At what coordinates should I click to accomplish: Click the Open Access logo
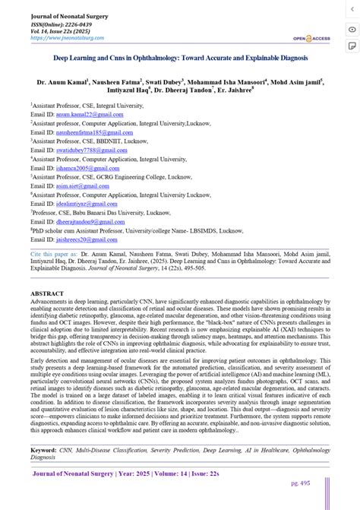click(305, 37)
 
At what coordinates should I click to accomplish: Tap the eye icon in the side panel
click(351, 29)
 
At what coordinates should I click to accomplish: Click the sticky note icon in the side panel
click(351, 46)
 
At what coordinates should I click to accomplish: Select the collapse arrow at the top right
click(351, 9)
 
